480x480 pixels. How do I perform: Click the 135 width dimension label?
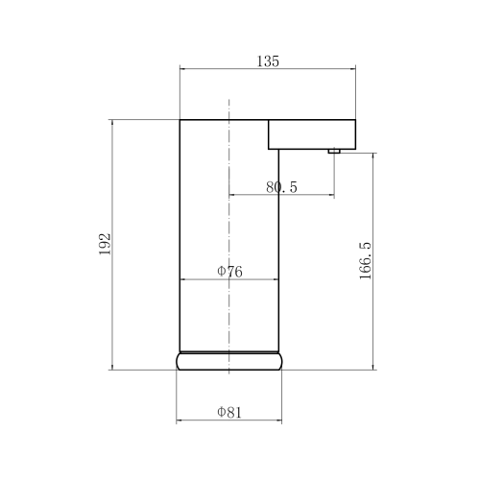268,61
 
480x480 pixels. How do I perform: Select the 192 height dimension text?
105,244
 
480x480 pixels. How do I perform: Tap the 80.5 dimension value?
281,187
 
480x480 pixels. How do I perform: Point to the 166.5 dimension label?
365,261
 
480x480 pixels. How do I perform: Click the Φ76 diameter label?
229,272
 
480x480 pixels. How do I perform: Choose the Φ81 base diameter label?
229,412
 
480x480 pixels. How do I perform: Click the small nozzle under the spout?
334,151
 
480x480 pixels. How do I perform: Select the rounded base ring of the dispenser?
229,362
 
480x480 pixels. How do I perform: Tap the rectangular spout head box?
312,134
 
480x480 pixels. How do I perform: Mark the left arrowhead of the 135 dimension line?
182,68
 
